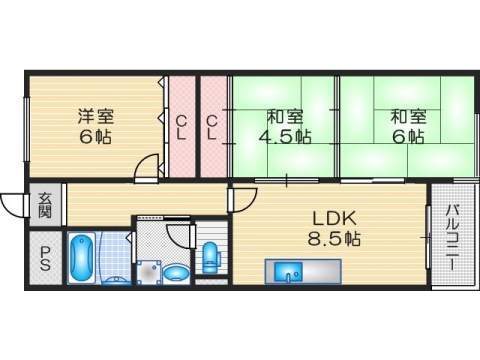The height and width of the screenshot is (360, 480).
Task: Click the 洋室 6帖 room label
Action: point(96,125)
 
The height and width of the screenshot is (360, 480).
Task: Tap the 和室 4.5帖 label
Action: point(283,125)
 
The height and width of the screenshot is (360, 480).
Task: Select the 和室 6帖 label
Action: point(406,125)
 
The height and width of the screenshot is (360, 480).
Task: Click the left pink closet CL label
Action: point(181,127)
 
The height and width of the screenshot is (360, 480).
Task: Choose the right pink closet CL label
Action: point(213,127)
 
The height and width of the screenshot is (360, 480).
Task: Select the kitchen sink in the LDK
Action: point(284,271)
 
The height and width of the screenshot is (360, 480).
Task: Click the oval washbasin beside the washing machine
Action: point(175,271)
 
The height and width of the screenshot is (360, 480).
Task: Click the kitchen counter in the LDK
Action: point(302,272)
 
